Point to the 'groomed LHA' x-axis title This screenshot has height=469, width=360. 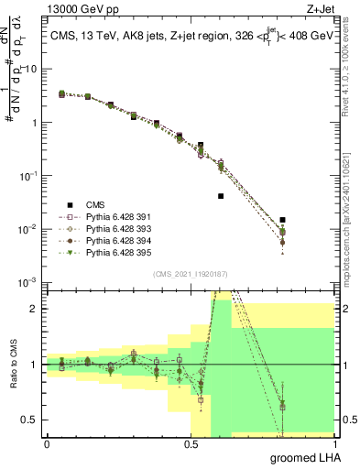coord(303,457)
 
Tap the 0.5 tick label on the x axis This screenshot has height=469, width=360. coord(191,442)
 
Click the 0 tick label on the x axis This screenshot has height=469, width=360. coord(47,442)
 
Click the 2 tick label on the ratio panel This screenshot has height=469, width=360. coord(38,309)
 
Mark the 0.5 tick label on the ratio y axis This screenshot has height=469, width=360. coord(33,420)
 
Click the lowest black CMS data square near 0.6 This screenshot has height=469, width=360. coord(221,196)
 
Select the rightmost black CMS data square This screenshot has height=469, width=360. coord(282,220)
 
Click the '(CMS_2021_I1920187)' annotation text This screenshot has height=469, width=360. coord(189,274)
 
